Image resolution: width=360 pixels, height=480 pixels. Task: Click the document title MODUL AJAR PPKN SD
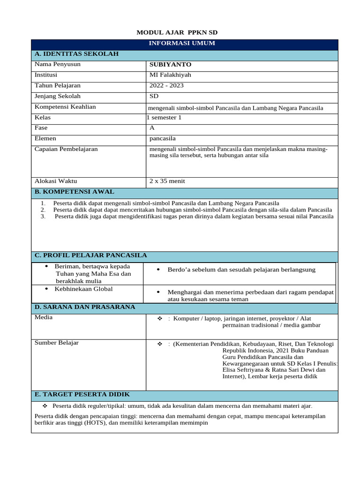[x=177, y=32]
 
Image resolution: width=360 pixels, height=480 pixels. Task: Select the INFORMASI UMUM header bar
[x=182, y=43]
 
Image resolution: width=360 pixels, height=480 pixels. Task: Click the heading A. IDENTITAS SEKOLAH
[x=76, y=54]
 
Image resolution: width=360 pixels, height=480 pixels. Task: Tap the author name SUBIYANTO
[x=170, y=65]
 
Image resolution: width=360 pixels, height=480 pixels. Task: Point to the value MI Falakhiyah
[x=170, y=75]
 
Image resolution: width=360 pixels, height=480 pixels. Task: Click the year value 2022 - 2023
[x=166, y=86]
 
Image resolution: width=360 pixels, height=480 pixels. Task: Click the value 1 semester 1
[x=164, y=118]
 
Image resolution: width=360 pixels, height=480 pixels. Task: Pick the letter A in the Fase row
[x=152, y=128]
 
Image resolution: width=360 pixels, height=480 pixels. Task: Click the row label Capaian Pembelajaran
[x=66, y=149]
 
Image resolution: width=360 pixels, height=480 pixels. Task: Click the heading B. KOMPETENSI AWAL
[x=74, y=192]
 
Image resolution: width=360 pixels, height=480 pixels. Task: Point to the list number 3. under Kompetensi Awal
[x=43, y=217]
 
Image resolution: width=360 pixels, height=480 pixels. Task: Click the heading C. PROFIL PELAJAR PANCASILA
[x=90, y=255]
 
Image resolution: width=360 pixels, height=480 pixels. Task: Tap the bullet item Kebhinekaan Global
[x=83, y=289]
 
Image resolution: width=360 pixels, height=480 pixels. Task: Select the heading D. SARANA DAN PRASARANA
[x=84, y=307]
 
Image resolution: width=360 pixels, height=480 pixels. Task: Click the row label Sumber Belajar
[x=57, y=343]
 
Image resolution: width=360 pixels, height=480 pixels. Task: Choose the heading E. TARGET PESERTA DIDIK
[x=82, y=394]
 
